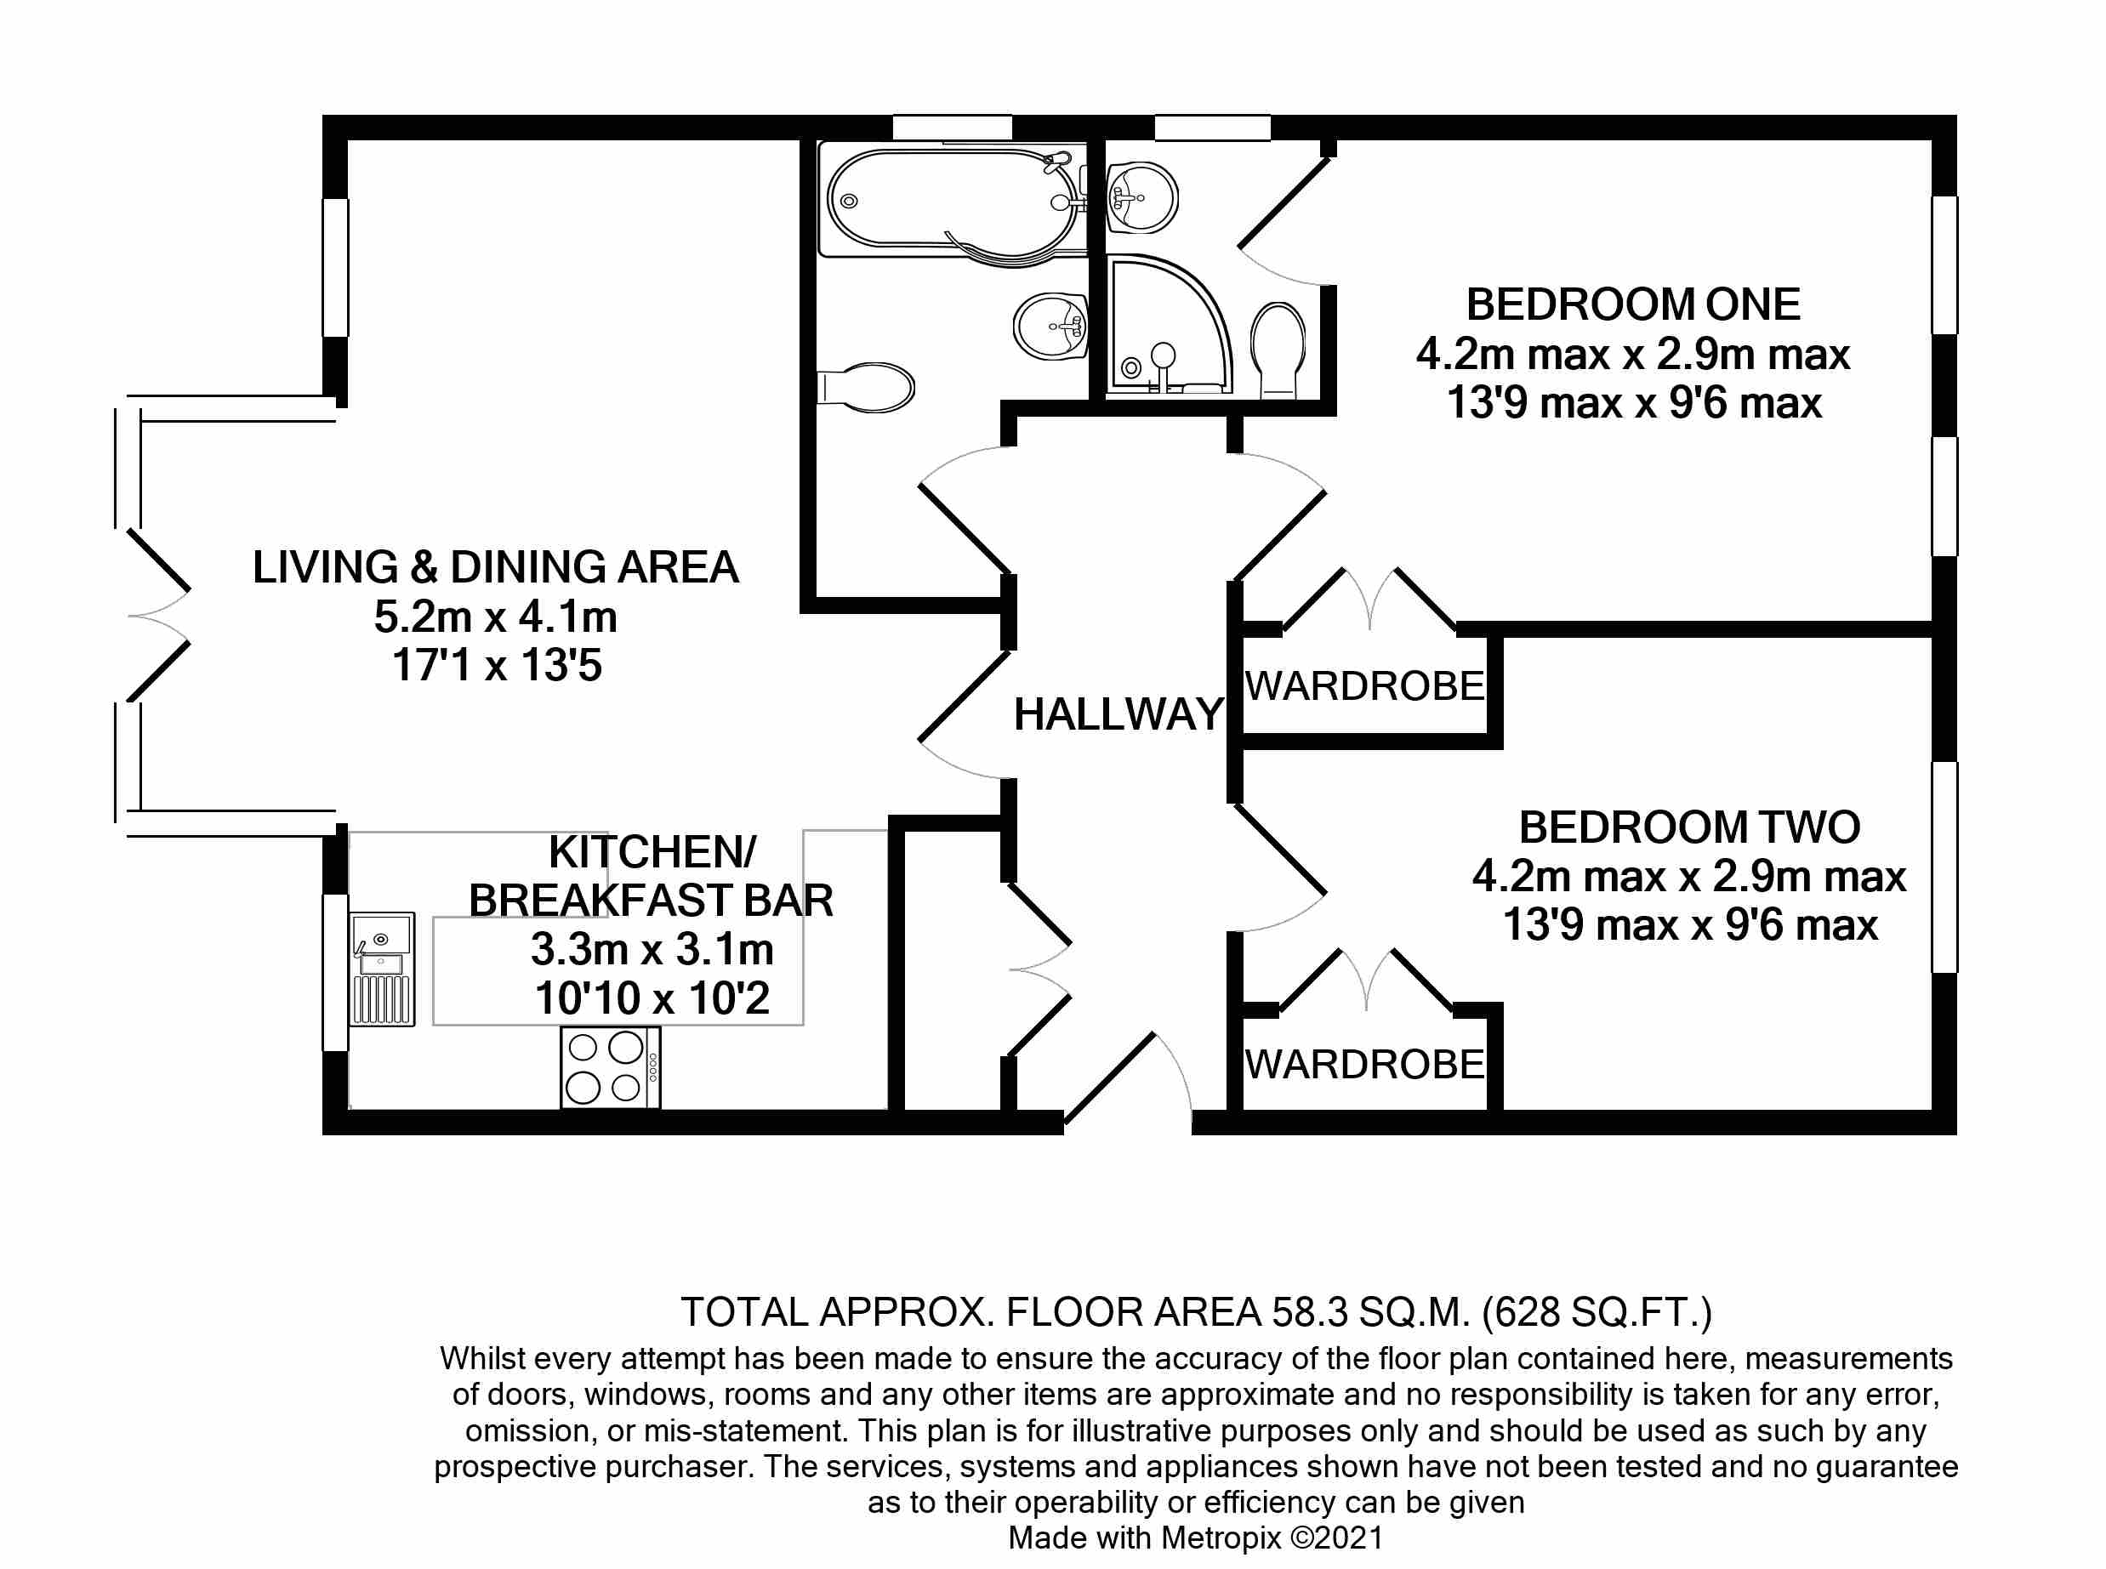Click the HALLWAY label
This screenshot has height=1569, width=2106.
[x=1118, y=714]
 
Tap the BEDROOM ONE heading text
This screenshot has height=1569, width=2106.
[x=1633, y=305]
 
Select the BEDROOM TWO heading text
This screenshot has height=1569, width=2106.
[x=1689, y=827]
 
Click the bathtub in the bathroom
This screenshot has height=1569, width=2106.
[x=953, y=201]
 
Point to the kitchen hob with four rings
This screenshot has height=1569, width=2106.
[x=611, y=1067]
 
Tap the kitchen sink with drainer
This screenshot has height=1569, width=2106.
[x=382, y=969]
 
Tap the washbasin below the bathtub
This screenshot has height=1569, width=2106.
[x=1050, y=326]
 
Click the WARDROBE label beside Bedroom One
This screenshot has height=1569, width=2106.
[x=1364, y=686]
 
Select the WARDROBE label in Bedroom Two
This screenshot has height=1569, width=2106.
[x=1364, y=1065]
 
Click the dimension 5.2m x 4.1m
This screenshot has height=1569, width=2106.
[x=495, y=617]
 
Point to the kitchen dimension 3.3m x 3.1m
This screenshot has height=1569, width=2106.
[x=652, y=950]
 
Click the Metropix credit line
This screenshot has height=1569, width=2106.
[x=1196, y=1538]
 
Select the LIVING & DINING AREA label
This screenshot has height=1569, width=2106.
[x=495, y=568]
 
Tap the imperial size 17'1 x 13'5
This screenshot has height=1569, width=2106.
[x=497, y=666]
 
